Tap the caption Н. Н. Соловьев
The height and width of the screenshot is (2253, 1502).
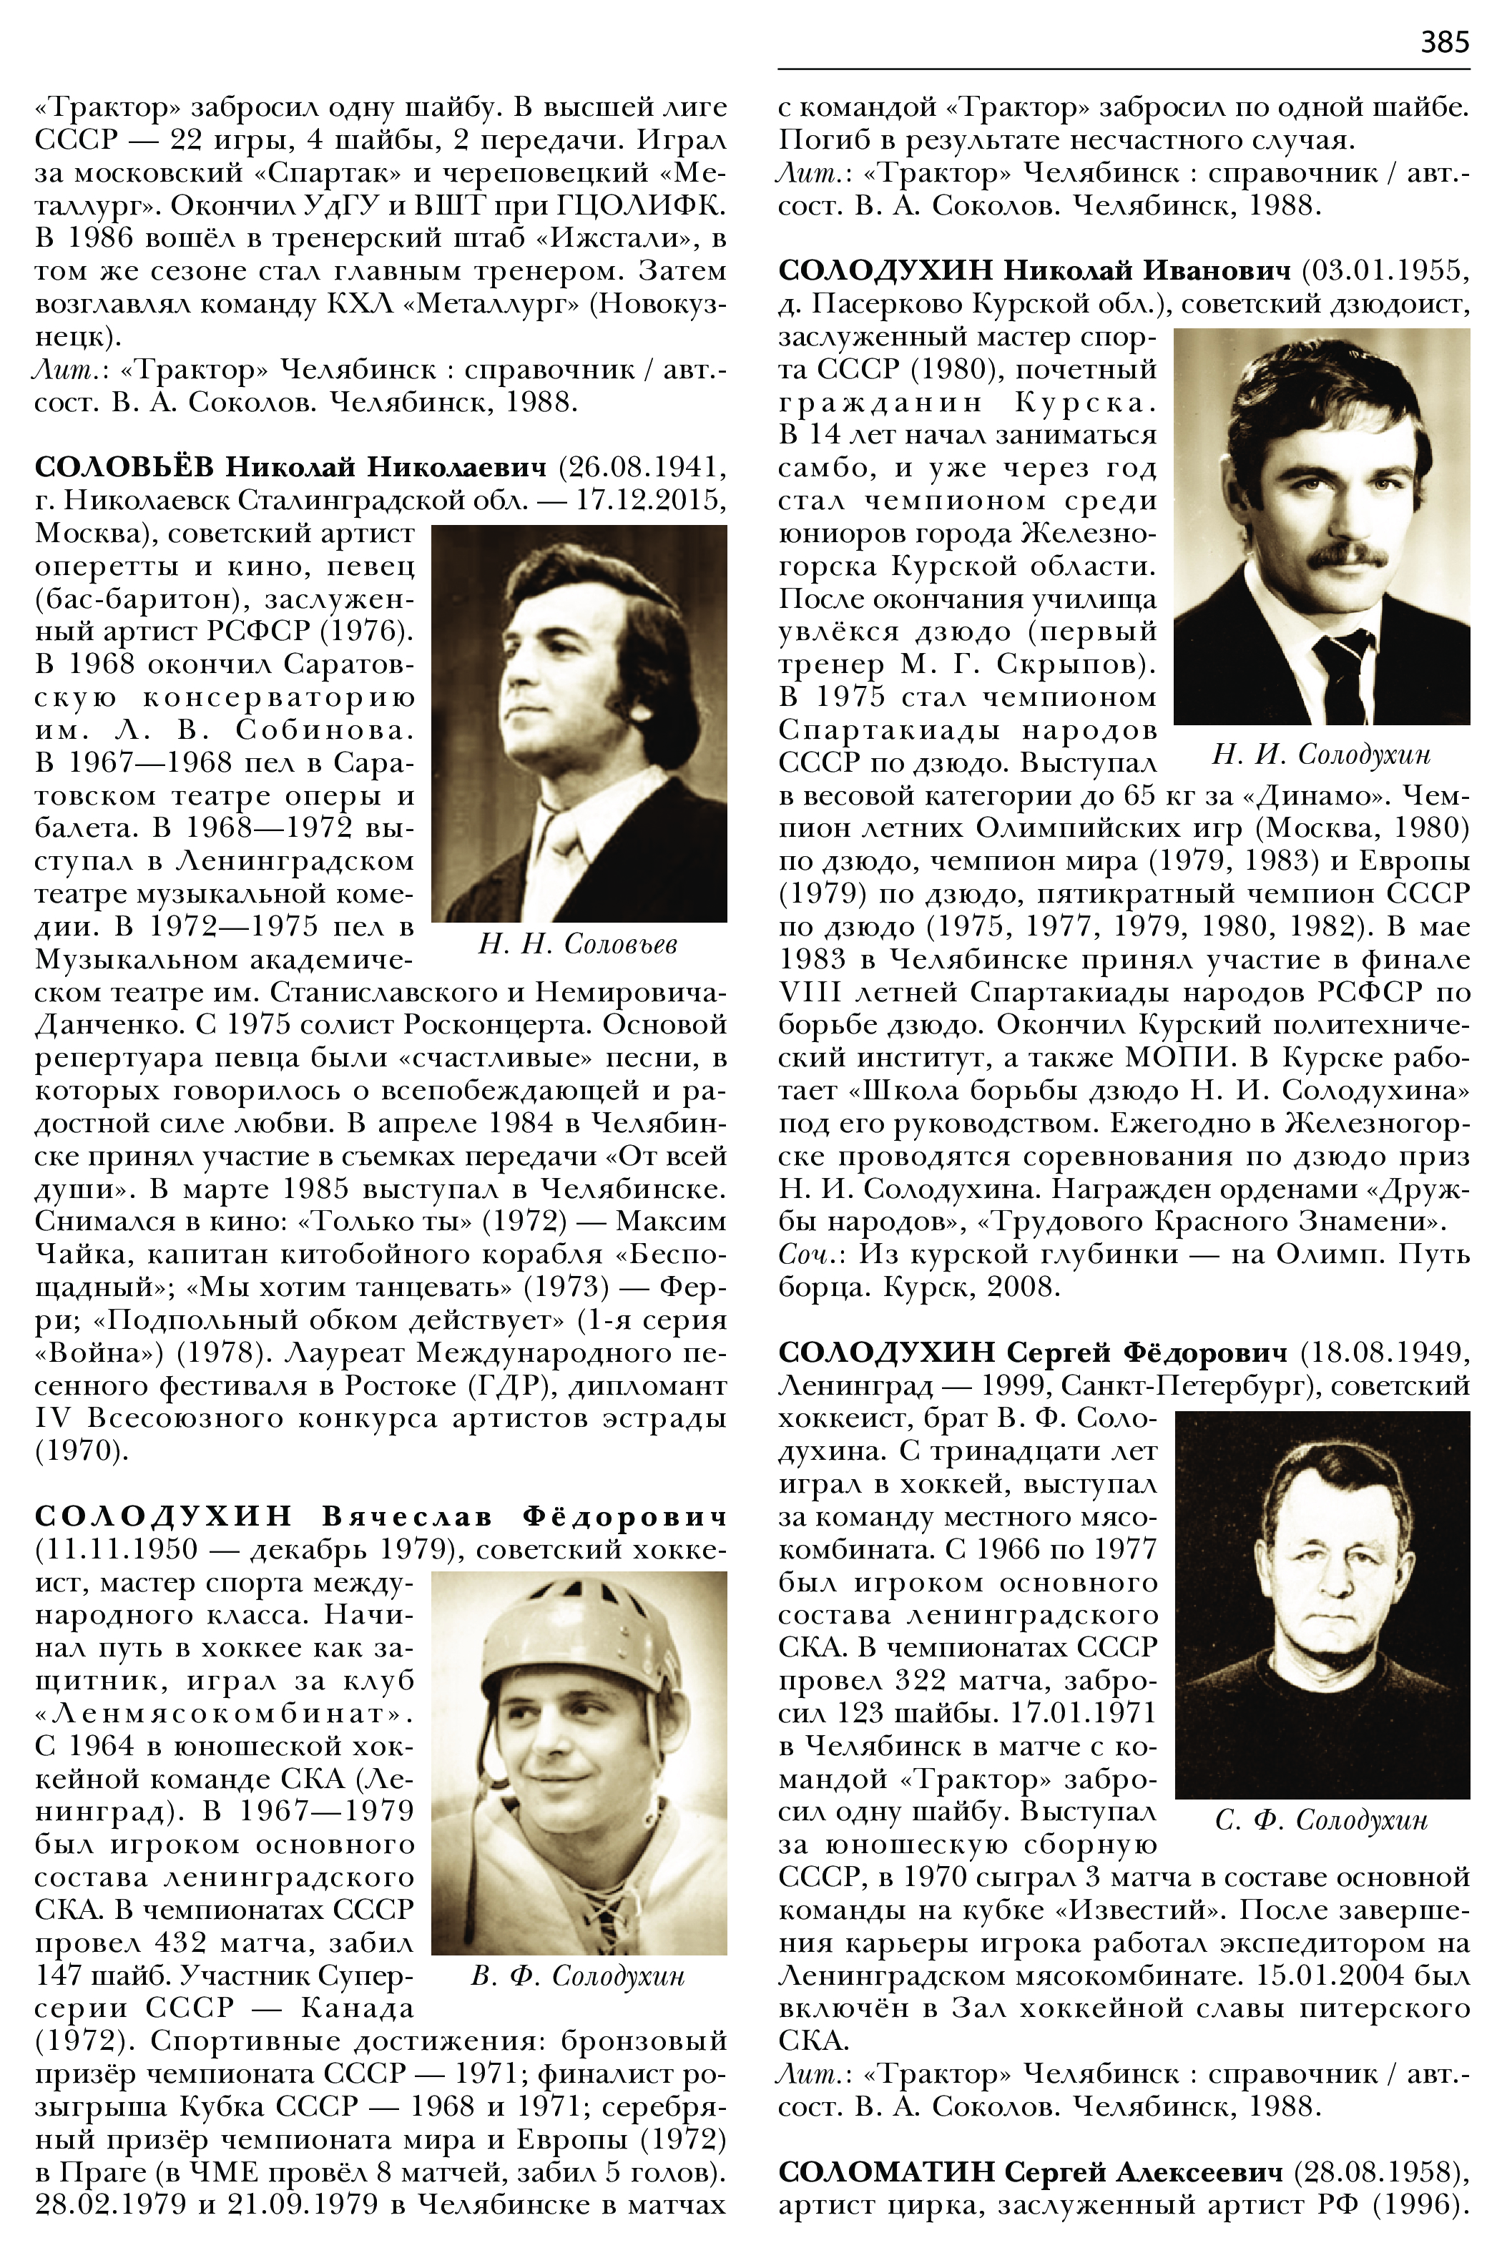pos(578,945)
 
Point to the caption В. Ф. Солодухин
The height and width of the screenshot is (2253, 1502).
pos(578,1976)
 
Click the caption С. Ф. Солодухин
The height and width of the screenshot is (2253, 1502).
pos(1321,1820)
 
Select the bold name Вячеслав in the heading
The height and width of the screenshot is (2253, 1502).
pos(408,1516)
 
